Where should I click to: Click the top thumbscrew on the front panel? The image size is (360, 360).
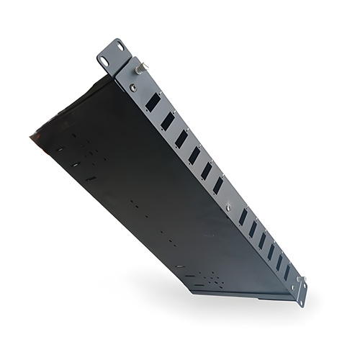(x=138, y=69)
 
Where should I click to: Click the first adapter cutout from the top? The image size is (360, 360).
(x=153, y=102)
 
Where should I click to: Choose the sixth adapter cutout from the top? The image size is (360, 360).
(x=218, y=185)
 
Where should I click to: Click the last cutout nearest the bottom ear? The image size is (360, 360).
(x=287, y=272)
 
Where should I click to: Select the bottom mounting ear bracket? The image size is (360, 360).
(x=299, y=291)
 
